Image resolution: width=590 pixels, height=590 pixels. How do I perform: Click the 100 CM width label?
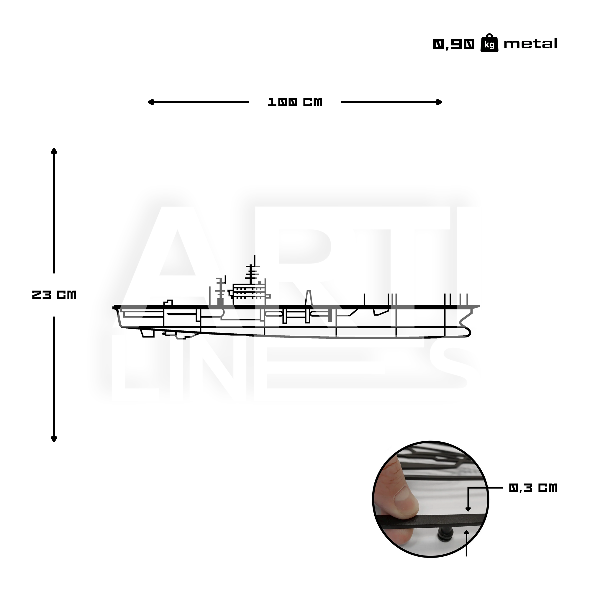pyautogui.click(x=295, y=102)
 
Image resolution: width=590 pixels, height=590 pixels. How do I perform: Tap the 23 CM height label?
pyautogui.click(x=54, y=295)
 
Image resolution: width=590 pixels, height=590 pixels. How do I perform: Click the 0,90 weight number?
pyautogui.click(x=454, y=45)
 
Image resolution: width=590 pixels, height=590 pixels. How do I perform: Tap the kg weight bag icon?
pyautogui.click(x=489, y=43)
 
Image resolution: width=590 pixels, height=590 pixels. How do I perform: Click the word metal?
pyautogui.click(x=530, y=44)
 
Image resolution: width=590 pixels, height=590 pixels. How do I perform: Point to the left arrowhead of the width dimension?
pyautogui.click(x=150, y=102)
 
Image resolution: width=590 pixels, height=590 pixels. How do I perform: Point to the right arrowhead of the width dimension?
pyautogui.click(x=440, y=102)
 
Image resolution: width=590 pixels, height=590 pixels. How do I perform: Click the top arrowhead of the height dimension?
pyautogui.click(x=54, y=151)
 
